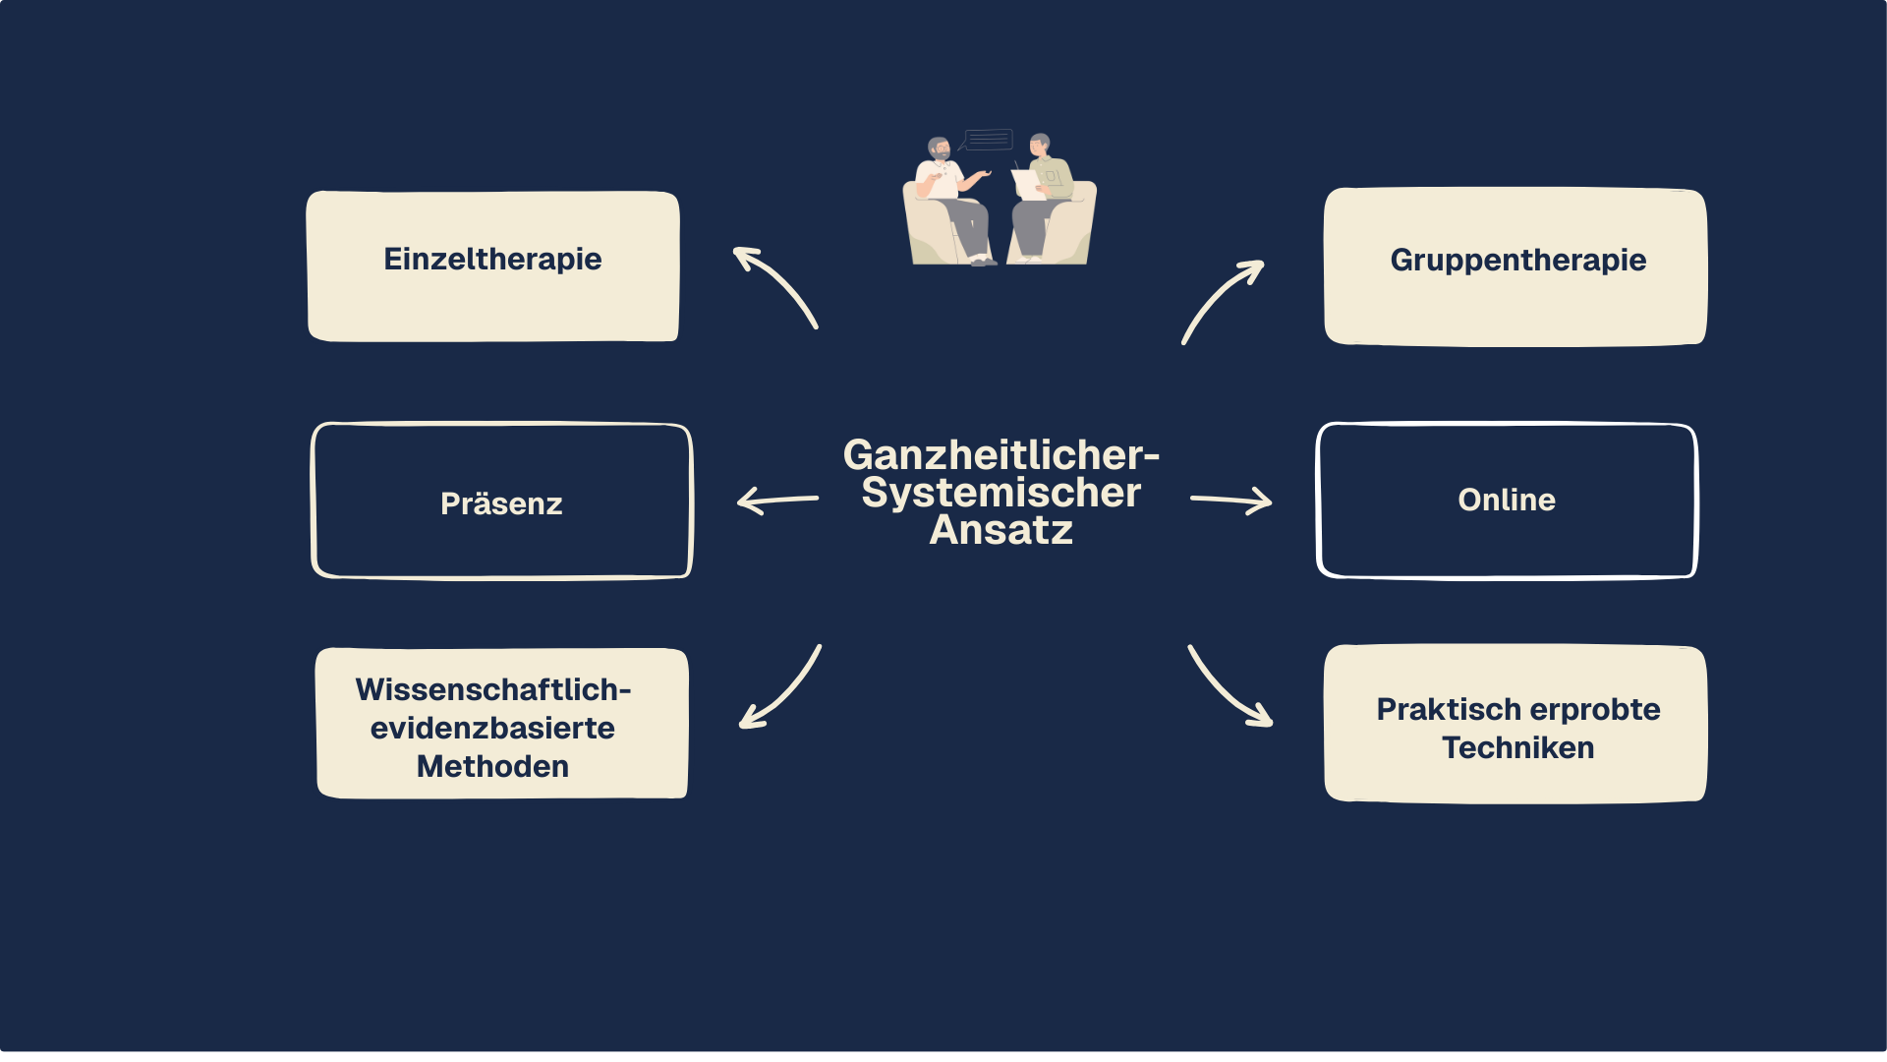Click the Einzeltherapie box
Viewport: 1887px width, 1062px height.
tap(492, 265)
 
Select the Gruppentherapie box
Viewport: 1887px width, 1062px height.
tap(1515, 266)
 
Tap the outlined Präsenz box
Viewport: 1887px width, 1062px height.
tap(501, 501)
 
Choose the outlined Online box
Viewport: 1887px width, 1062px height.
tap(1507, 501)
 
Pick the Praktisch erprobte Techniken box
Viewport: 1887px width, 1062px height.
tap(1515, 724)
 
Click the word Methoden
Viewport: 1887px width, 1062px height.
tap(492, 766)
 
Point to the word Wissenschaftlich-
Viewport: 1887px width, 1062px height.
tap(492, 689)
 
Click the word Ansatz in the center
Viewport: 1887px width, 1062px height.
tap(1001, 531)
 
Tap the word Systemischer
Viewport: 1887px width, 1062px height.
tap(1001, 493)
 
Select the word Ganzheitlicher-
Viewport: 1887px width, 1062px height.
tap(1001, 455)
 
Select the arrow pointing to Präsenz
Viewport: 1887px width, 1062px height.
tap(776, 501)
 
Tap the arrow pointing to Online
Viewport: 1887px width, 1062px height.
tap(1230, 501)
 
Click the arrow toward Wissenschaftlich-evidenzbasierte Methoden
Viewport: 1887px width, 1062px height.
tap(781, 689)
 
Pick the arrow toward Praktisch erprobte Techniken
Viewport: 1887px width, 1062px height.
tap(1229, 689)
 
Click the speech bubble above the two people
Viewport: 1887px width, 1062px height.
tap(987, 140)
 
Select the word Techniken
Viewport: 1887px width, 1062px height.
tap(1517, 747)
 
